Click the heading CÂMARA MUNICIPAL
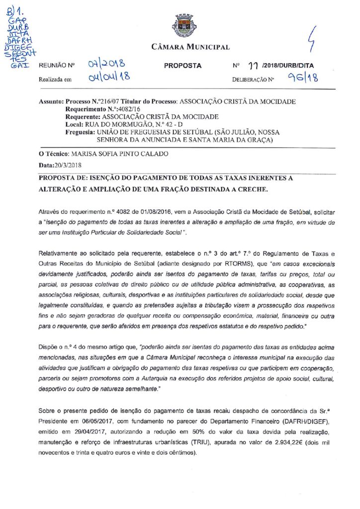pos(190,48)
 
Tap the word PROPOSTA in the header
pos(182,66)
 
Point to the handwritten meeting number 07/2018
pos(106,64)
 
